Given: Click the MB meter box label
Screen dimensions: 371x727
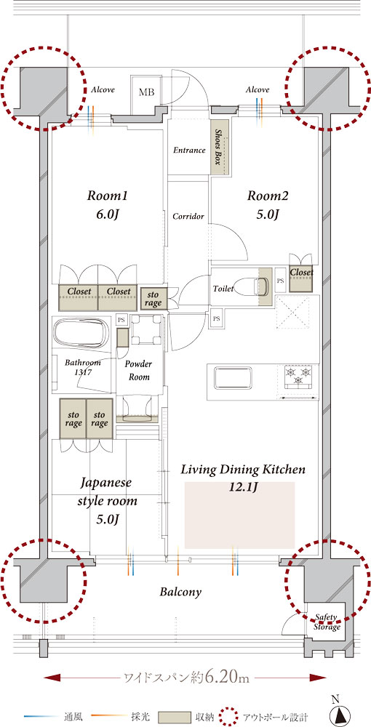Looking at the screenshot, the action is pos(146,92).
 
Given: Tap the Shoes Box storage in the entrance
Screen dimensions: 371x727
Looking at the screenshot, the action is pos(220,147).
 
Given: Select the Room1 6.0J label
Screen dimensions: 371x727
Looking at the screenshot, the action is pos(107,204).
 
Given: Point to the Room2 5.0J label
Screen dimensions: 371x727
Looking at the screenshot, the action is pos(267,204).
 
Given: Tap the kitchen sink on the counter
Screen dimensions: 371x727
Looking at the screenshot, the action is pos(232,379).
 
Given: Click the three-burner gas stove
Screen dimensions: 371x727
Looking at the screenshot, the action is pos(298,375).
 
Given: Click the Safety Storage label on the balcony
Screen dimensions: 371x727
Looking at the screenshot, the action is pos(327,622).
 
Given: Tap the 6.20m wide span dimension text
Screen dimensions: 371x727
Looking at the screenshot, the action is pos(186,678).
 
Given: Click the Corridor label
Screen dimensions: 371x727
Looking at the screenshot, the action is pos(188,217).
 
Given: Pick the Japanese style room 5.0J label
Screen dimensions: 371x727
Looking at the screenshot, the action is pos(106,501).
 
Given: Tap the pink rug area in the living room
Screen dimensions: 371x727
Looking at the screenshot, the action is pos(239,515).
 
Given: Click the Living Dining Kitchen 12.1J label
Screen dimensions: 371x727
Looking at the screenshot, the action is pos(243,478).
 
